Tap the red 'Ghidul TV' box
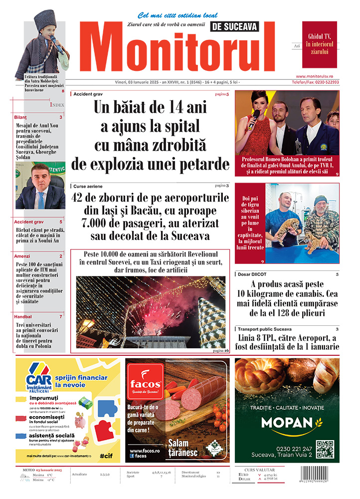tap(319, 44)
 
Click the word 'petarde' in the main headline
tap(202, 164)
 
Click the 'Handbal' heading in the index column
tap(23, 316)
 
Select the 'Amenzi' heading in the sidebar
tap(22, 256)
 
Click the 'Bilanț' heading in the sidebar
tap(20, 117)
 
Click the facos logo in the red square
tap(145, 383)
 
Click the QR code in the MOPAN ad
tap(325, 449)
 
